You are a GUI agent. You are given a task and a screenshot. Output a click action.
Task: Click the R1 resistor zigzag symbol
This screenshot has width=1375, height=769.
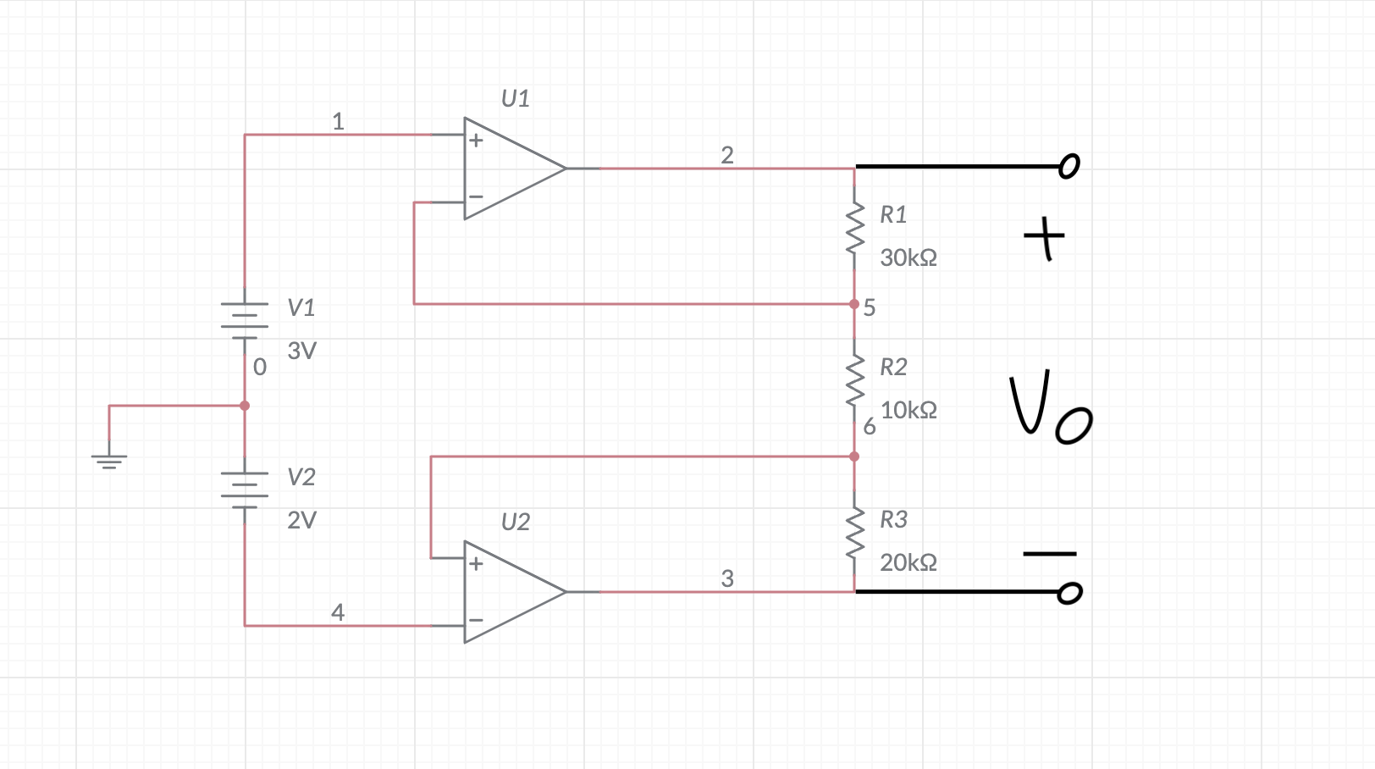point(854,229)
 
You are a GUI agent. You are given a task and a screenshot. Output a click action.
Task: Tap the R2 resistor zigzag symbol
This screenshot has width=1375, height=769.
point(854,381)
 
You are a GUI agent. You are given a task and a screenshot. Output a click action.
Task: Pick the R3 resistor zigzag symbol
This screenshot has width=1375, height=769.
point(854,534)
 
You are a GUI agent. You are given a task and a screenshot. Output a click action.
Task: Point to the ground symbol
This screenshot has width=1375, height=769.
point(109,461)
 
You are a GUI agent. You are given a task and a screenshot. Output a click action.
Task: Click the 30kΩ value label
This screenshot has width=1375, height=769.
point(908,257)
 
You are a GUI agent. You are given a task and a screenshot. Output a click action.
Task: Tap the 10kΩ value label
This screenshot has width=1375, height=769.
point(908,410)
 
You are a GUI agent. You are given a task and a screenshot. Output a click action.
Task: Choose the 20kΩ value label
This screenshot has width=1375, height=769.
point(908,562)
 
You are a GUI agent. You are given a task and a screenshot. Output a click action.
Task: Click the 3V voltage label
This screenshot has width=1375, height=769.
point(301,351)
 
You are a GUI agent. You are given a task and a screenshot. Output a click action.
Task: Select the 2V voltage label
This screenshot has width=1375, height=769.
point(301,520)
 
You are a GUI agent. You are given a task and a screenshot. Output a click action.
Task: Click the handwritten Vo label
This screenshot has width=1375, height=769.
point(1049,407)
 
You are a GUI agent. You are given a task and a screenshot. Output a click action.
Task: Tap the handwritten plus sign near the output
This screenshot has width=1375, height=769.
point(1045,238)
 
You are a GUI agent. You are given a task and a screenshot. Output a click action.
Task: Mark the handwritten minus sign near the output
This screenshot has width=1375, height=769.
point(1049,554)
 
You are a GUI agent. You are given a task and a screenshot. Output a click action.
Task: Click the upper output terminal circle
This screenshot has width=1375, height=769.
point(1069,166)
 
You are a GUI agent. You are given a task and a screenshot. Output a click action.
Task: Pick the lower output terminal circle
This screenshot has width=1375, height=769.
point(1070,593)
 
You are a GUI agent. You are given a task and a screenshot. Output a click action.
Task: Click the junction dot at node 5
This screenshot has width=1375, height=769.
point(854,304)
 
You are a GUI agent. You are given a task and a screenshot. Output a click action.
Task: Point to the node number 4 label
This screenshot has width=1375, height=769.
point(338,611)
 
